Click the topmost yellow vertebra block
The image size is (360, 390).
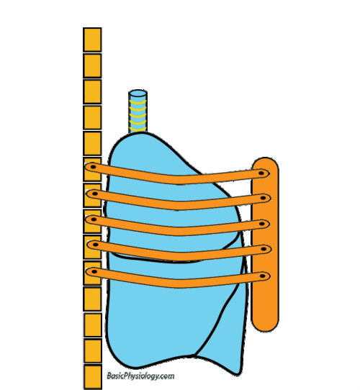click(92, 40)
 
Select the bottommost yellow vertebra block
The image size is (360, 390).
click(92, 376)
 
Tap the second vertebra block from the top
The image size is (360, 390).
click(92, 65)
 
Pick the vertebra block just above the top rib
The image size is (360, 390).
click(92, 143)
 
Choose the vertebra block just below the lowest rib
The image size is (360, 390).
click(92, 299)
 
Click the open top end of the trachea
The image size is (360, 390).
click(138, 94)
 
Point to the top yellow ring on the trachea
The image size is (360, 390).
click(138, 102)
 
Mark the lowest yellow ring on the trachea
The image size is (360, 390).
click(138, 130)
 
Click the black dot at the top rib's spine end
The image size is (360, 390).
click(93, 167)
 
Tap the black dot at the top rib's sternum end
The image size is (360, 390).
click(261, 173)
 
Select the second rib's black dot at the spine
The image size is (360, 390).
click(95, 194)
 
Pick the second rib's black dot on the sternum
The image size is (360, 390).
click(263, 198)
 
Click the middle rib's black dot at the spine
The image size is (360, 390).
click(94, 219)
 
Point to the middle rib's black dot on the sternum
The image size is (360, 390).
click(261, 224)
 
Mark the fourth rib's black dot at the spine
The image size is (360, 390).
click(95, 245)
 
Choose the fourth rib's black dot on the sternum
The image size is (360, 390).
click(264, 249)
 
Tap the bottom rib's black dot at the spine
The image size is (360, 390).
click(94, 271)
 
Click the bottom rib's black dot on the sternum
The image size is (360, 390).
click(262, 276)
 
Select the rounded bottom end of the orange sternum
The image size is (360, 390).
click(265, 326)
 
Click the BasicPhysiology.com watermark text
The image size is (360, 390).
click(140, 376)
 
